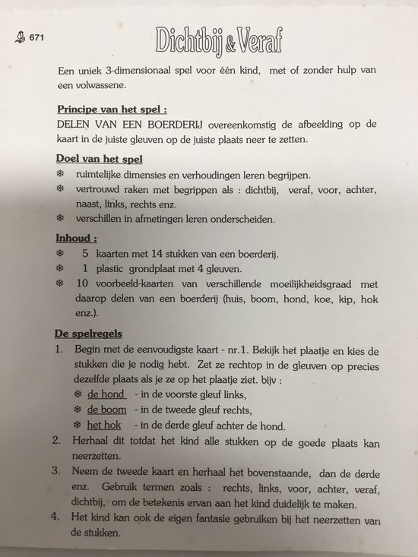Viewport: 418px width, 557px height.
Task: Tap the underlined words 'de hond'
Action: [x=106, y=396]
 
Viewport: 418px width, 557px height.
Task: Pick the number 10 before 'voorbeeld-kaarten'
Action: [x=88, y=283]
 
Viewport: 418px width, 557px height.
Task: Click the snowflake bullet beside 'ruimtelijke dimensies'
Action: [x=60, y=174]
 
